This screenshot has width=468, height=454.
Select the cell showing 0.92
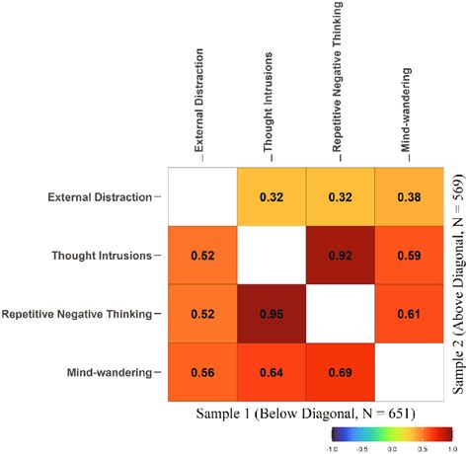coord(339,256)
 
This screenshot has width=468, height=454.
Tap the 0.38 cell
coord(408,196)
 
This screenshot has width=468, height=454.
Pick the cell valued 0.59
coord(408,256)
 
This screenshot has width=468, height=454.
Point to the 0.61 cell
coord(408,315)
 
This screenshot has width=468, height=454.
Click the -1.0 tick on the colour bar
coord(335,448)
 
